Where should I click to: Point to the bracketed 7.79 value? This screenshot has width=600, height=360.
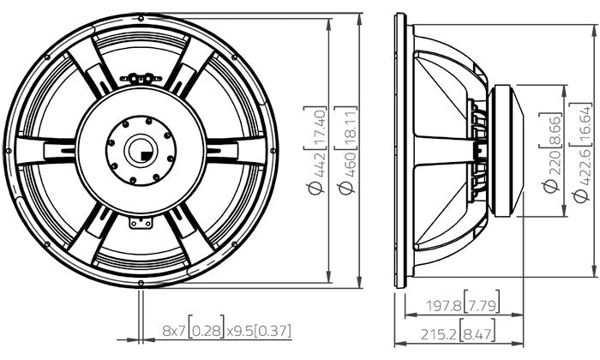tap(482, 304)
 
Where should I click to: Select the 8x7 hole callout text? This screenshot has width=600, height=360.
tap(174, 329)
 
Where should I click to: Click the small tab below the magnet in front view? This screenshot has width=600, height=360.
tap(140, 223)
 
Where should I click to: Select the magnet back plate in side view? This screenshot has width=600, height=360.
tap(507, 151)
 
